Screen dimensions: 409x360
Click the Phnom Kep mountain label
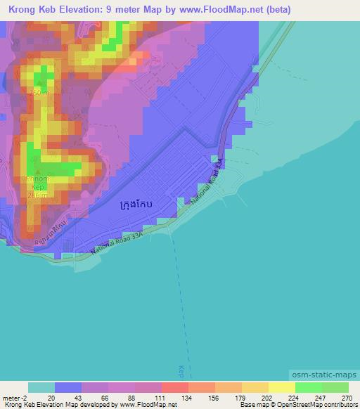click(x=37, y=183)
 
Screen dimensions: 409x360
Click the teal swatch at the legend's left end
click(x=41, y=387)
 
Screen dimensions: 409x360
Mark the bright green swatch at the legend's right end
click(x=335, y=387)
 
